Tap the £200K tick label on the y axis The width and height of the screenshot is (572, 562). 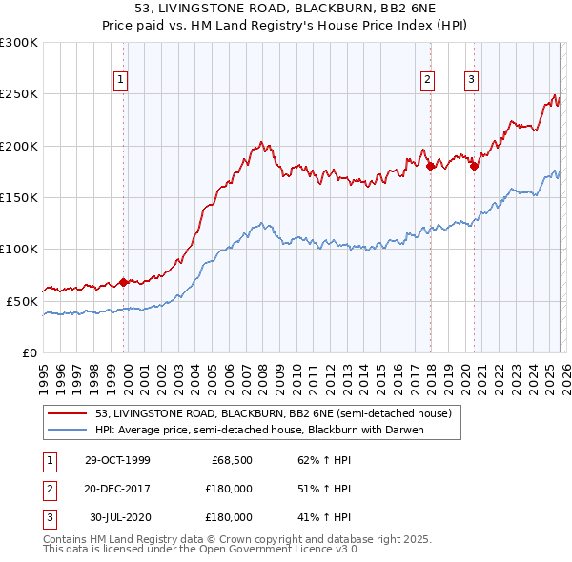click(19, 146)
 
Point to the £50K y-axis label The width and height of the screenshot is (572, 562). click(22, 301)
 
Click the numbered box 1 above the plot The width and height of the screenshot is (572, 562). click(122, 81)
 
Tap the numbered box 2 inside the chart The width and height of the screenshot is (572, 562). click(427, 81)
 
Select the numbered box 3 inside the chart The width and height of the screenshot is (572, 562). click(471, 81)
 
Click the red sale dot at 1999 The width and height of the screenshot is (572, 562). click(124, 282)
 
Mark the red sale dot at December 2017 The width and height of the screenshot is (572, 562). click(430, 166)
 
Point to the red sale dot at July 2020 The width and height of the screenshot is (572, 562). click(474, 166)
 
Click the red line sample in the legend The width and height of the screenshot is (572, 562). click(70, 413)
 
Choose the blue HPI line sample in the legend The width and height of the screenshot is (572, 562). click(70, 430)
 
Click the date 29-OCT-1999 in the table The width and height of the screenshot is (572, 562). click(117, 461)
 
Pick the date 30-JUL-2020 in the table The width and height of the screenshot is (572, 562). click(120, 517)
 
